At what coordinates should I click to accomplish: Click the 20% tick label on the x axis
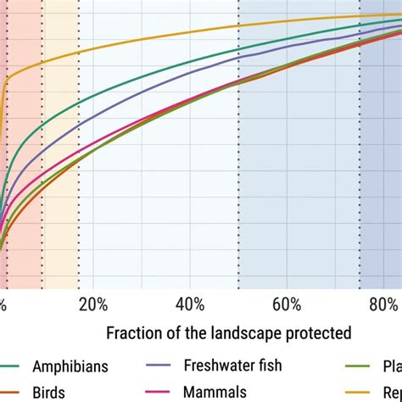tap(93, 304)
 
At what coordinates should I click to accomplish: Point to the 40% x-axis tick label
tap(191, 304)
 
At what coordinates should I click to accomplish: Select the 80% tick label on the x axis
tap(383, 304)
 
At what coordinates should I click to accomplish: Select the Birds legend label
tap(48, 393)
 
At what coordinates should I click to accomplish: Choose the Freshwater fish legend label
tap(232, 366)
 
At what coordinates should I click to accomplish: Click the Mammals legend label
tap(215, 393)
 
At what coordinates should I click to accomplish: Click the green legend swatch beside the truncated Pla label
tap(360, 366)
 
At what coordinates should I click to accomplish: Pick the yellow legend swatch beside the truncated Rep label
tap(360, 393)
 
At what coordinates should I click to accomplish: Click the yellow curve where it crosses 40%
tap(191, 37)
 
